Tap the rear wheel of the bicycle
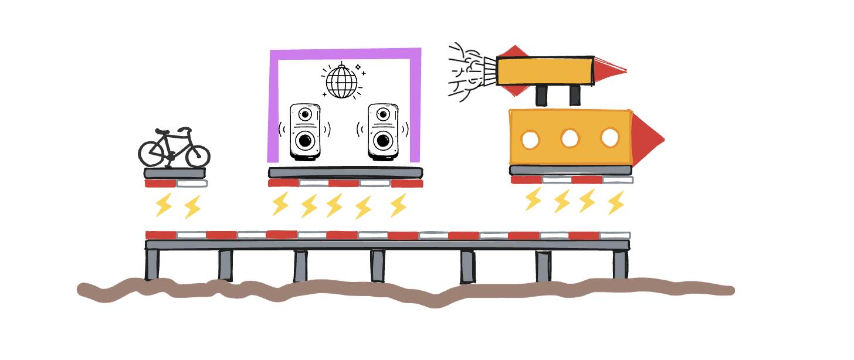151,154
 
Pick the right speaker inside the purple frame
384,132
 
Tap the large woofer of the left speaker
305,141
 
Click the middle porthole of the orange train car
570,139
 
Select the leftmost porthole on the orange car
531,139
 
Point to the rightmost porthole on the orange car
610,138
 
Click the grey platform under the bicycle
174,173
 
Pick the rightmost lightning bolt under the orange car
615,202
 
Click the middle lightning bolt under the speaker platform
334,206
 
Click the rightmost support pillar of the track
620,264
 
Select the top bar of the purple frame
345,54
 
